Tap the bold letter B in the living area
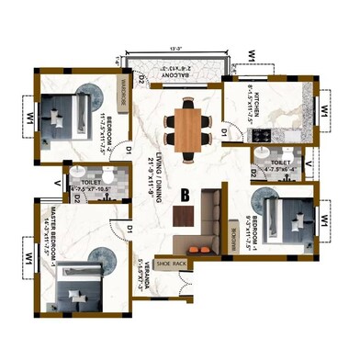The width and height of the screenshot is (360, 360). [x=185, y=195]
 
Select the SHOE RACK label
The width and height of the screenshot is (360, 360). [x=172, y=263]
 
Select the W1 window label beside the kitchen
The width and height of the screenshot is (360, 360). [x=323, y=110]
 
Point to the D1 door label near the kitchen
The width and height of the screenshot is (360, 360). [x=223, y=133]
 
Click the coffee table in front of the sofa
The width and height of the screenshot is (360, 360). [x=185, y=215]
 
